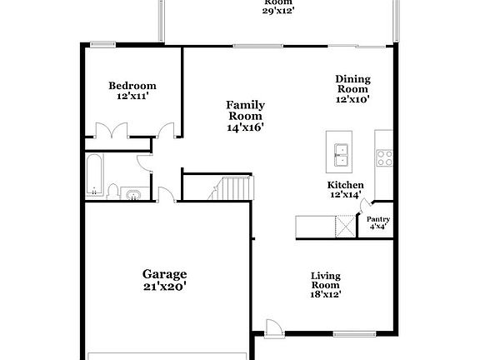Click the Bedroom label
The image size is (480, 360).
132,86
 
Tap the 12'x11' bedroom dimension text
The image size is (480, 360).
132,97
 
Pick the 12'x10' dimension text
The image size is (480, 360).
352,99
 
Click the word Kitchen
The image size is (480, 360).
345,185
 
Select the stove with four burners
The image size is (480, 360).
384,157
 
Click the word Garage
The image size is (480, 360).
164,274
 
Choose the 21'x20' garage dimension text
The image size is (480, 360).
164,287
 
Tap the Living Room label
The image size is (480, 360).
327,281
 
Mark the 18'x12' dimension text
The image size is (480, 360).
327,293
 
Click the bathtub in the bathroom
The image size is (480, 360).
94,174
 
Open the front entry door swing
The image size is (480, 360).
272,327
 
